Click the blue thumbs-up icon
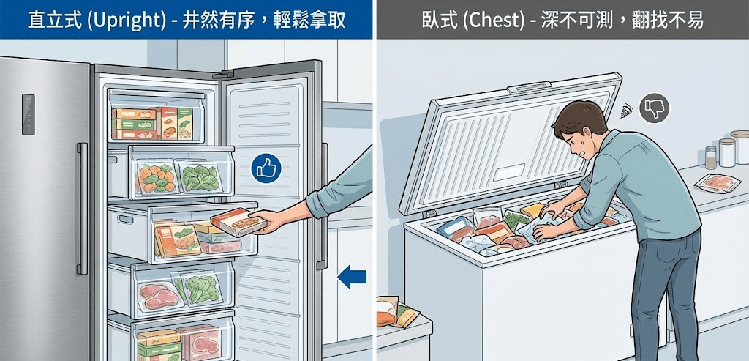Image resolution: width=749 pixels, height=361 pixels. [x=266, y=168]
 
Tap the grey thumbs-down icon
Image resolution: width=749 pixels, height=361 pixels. [x=654, y=108]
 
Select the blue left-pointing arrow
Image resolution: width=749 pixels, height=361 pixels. [x=352, y=277]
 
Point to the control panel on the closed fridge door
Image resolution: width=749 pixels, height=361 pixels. [x=29, y=114]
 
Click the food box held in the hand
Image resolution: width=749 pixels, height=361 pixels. [x=239, y=222]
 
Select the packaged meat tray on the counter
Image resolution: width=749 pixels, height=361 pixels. [x=717, y=182]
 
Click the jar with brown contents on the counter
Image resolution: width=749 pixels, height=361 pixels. [x=711, y=157]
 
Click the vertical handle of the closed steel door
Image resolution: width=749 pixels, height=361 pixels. [x=82, y=209]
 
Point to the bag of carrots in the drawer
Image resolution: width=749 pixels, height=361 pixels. [x=157, y=178]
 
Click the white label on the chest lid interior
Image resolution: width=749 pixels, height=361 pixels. [x=509, y=172]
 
